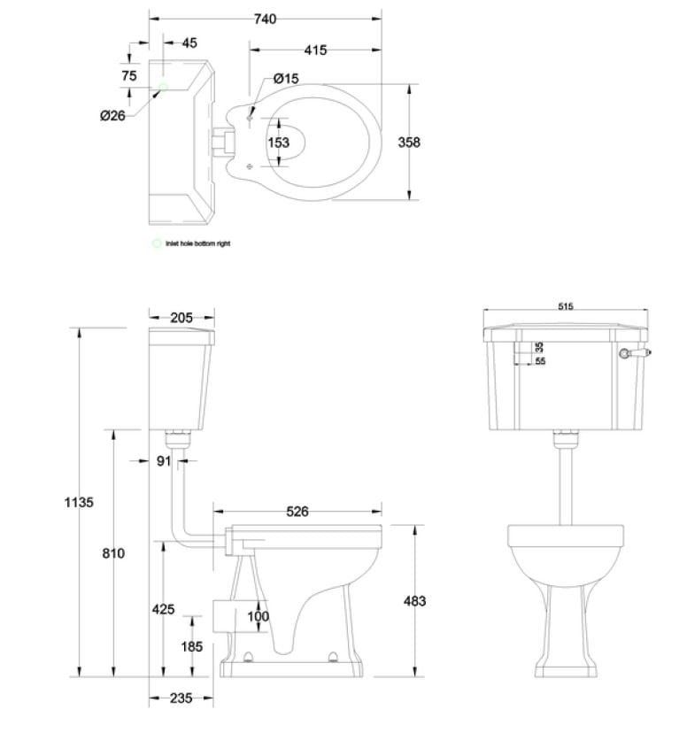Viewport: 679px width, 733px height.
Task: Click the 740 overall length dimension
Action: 264,19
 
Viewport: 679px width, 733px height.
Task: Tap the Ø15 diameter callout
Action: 286,79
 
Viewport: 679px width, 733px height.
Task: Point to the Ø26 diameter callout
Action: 112,115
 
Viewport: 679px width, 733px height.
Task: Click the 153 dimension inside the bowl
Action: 278,143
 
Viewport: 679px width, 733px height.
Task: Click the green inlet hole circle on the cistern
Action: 163,88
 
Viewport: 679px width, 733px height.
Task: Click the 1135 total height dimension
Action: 79,502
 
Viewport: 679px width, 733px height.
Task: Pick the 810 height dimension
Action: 112,553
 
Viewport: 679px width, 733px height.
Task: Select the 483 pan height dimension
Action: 413,601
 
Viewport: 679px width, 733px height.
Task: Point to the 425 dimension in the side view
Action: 163,610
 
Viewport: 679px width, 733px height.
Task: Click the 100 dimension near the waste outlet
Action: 258,617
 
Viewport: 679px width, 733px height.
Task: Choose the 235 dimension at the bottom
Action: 181,698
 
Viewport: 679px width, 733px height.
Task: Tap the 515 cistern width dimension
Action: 566,306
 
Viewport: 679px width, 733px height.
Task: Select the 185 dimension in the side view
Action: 191,647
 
